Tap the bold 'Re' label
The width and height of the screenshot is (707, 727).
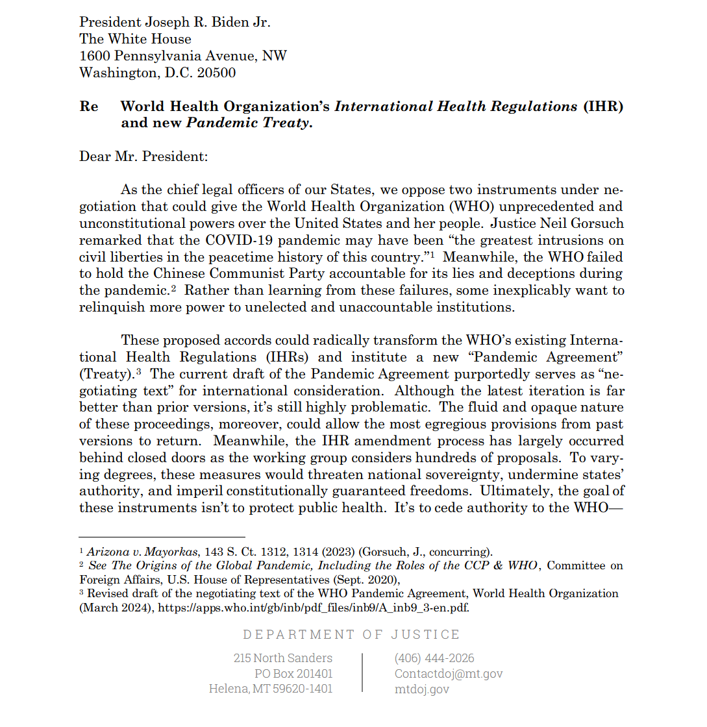89,106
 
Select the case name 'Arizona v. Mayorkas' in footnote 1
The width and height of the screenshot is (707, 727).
142,552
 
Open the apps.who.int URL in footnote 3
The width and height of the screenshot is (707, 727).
314,608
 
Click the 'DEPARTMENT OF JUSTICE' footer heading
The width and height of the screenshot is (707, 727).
351,634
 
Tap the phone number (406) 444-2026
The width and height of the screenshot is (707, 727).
434,658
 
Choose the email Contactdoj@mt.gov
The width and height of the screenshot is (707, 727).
449,674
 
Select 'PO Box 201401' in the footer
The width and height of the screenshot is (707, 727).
293,674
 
